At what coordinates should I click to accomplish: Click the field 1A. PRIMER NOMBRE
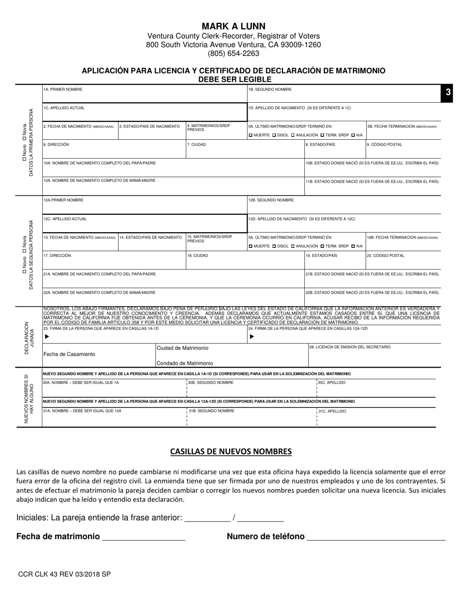(x=144, y=94)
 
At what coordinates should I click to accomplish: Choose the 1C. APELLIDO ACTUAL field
(x=144, y=112)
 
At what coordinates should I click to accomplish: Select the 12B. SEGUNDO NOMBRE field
(x=344, y=205)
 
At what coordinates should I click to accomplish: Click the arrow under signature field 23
(x=47, y=337)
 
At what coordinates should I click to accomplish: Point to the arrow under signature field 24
(x=252, y=337)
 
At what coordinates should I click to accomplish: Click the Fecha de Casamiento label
(x=70, y=354)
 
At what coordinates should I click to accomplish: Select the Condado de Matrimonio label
(x=185, y=363)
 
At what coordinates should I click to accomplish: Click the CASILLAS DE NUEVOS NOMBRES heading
(x=231, y=451)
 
